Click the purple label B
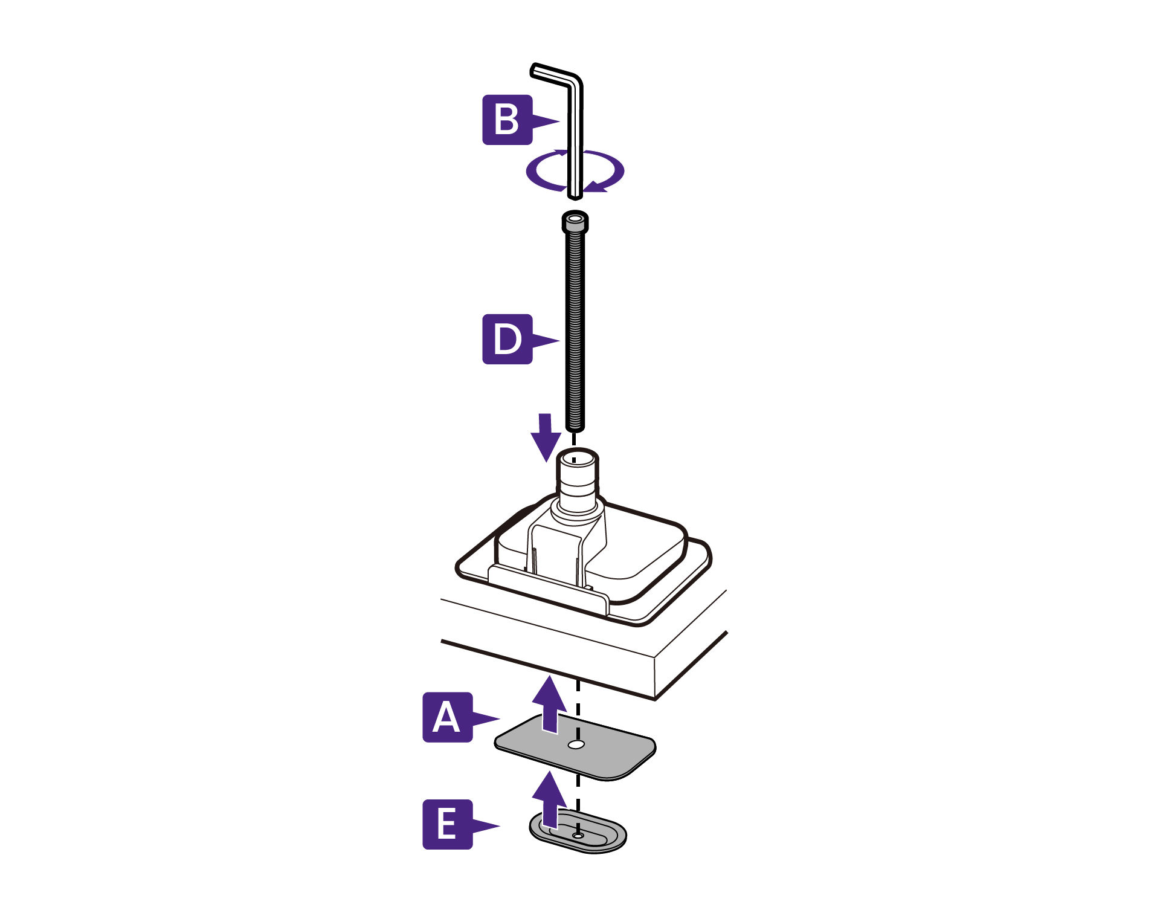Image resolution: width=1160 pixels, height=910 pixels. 507,120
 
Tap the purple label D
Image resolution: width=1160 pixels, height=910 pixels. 507,339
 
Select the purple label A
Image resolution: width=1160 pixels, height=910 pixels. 447,717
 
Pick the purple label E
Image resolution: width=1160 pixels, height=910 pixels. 447,824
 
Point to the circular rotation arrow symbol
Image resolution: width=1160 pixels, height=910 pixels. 575,171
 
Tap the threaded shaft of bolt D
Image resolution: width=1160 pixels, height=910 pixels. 575,331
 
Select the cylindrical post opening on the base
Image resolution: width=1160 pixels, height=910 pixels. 577,457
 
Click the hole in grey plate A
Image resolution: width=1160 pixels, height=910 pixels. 576,744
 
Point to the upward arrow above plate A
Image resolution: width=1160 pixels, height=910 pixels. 549,705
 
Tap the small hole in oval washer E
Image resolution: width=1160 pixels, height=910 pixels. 578,835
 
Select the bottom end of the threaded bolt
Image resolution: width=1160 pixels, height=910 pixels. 575,429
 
